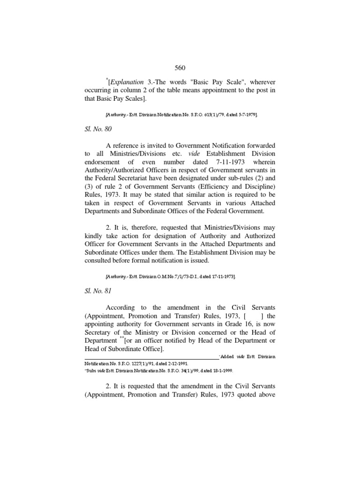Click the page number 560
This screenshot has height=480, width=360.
point(180,68)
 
